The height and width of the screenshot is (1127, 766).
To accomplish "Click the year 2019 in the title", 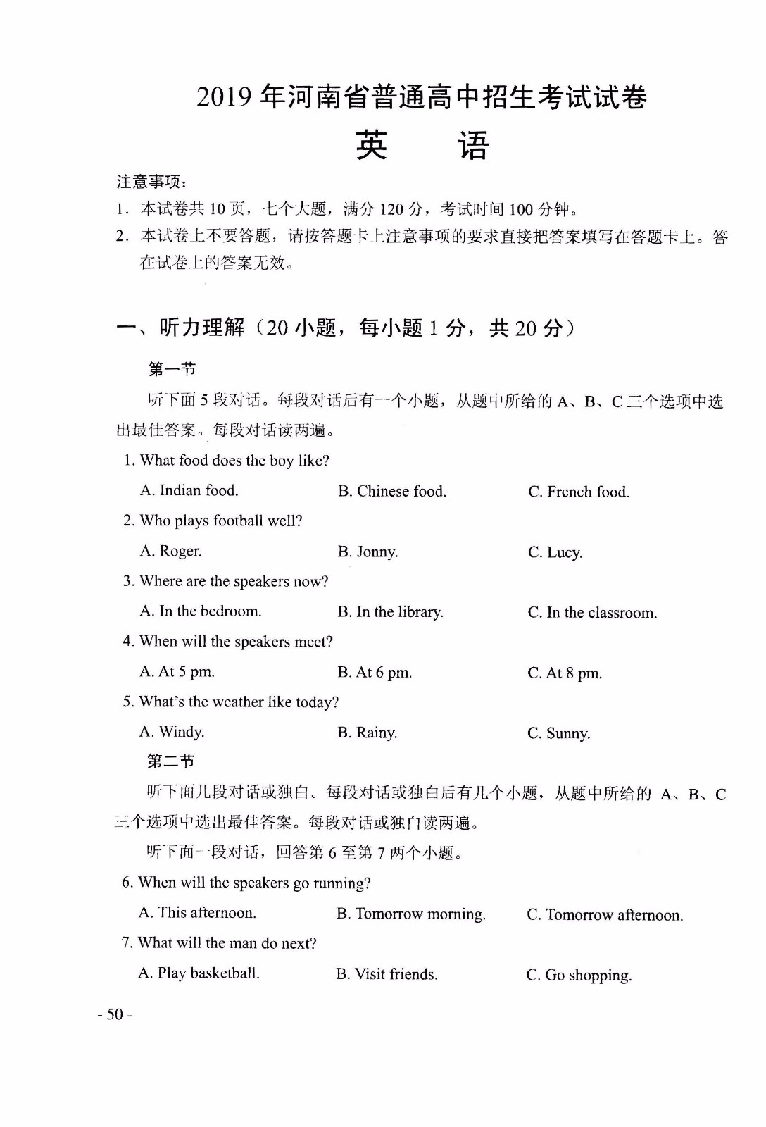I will tap(224, 97).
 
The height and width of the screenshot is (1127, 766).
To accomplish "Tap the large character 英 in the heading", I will tap(371, 145).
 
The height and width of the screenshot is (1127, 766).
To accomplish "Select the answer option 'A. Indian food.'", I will tap(189, 490).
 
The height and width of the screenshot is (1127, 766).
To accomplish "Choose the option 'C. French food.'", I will tap(578, 492).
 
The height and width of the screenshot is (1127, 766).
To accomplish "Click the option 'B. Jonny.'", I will tap(368, 552).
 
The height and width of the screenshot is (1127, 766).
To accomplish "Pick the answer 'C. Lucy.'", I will tap(555, 552).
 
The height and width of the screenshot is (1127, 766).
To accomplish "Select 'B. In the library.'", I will tap(390, 612).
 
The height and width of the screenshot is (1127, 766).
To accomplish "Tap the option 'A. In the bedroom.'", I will tap(200, 611).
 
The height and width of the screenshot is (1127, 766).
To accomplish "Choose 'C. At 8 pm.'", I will tap(565, 673).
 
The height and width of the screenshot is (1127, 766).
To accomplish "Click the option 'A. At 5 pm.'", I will tap(177, 672).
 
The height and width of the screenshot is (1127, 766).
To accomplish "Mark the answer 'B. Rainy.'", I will tap(367, 733).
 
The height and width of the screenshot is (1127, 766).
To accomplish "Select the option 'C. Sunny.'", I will tap(558, 734).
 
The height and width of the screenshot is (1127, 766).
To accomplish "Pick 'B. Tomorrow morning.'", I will tap(410, 914).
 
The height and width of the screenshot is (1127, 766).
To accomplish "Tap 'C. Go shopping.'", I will tap(579, 976).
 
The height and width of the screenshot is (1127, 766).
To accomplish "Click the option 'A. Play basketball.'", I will tap(199, 973).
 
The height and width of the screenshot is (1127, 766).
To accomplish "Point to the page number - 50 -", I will tap(115, 1014).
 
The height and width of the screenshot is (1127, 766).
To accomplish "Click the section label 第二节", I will tap(170, 761).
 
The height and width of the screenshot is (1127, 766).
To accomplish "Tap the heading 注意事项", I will tap(151, 182).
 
